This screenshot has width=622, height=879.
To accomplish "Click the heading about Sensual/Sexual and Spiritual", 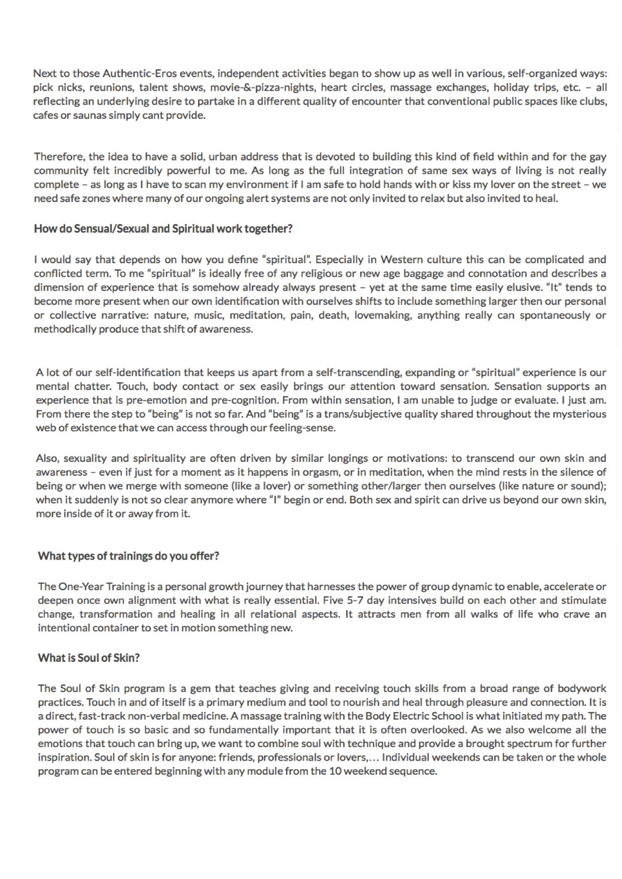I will click(163, 229).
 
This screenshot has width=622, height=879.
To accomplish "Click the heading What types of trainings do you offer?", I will click(128, 556).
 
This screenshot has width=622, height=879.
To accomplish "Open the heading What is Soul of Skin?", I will click(89, 658).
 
